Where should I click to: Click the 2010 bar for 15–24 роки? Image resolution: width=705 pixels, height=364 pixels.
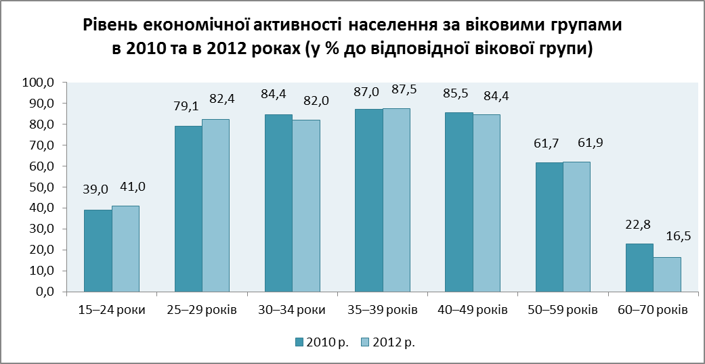point(98,251)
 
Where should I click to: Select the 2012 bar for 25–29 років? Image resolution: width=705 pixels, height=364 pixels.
point(216,206)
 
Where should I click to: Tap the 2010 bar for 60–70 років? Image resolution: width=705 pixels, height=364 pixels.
point(639,268)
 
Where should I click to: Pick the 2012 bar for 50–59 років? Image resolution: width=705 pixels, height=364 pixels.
point(577,227)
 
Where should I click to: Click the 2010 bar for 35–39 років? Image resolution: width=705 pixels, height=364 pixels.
point(369,200)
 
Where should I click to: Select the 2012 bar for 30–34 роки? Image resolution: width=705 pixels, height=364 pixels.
point(306,206)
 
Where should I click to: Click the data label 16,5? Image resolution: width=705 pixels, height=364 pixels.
point(676,237)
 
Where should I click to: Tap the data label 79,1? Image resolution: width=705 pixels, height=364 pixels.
point(188,105)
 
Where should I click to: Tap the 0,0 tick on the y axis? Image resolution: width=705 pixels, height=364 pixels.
point(43,292)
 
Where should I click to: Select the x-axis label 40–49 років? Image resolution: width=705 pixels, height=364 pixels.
point(473,311)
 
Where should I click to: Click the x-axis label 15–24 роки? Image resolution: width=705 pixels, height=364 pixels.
point(112,311)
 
